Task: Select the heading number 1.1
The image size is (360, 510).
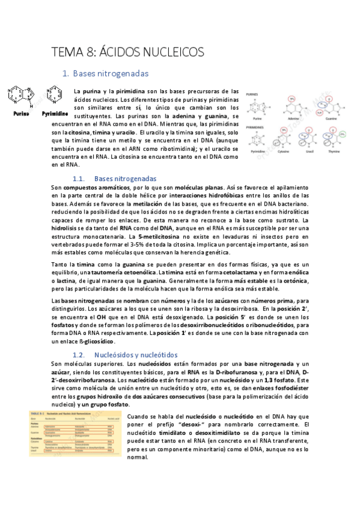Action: tap(79, 179)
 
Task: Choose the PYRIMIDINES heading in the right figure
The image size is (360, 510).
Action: tap(256, 127)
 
